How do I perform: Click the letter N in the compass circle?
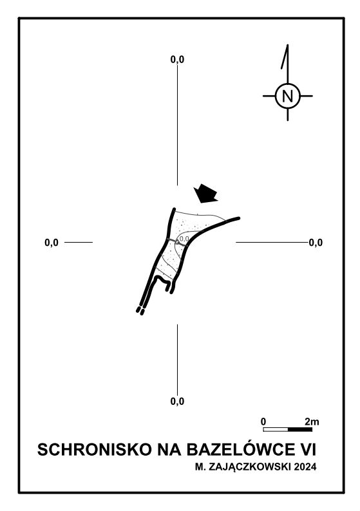click(288, 96)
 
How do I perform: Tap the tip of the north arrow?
click(288, 44)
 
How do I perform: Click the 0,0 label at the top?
click(177, 59)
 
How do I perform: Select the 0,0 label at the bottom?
click(177, 401)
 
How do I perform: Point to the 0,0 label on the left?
click(52, 243)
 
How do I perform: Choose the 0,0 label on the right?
click(316, 243)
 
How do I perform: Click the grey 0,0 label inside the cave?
click(185, 239)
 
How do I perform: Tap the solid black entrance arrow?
click(205, 194)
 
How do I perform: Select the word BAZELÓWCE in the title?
click(240, 449)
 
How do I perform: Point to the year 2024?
click(305, 467)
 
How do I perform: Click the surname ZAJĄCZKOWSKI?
click(249, 467)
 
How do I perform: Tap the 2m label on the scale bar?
click(312, 422)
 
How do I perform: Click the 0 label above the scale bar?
click(263, 422)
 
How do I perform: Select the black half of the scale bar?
click(300, 429)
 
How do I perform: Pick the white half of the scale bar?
click(276, 429)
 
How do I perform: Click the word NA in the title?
click(169, 450)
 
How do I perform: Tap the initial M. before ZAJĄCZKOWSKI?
click(200, 467)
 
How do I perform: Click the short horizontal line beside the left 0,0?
click(79, 242)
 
